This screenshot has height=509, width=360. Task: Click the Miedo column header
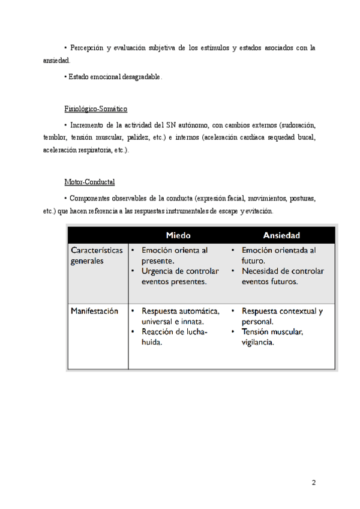[x=178, y=235]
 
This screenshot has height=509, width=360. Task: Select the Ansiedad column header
[x=281, y=235]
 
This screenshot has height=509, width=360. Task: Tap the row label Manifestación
[x=94, y=311]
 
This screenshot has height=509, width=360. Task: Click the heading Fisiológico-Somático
[x=95, y=109]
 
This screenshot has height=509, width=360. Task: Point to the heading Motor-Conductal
[x=89, y=182]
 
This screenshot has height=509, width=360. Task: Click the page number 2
[x=314, y=483]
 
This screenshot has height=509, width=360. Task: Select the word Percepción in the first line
[x=86, y=47]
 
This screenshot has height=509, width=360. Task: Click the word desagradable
[x=142, y=77]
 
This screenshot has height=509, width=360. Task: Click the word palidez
[x=142, y=137]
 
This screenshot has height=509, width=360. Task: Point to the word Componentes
[x=91, y=198]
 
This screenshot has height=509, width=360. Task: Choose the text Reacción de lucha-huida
[x=173, y=337]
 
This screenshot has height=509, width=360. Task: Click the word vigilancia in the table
[x=257, y=342]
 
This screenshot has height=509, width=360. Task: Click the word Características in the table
[x=97, y=250]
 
